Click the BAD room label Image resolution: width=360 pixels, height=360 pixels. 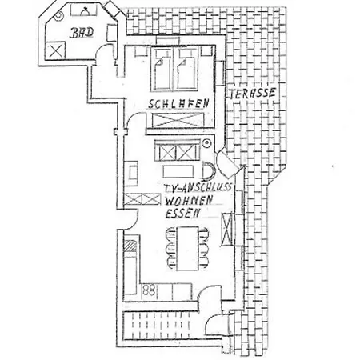pos(82,33)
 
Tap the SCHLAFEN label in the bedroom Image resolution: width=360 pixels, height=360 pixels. pos(178,104)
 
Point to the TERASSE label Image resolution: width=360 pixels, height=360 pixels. pos(252,94)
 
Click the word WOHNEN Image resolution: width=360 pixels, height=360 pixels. pos(189,200)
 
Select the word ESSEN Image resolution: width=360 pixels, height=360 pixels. pos(182,213)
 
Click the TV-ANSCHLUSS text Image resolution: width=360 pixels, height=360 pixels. pos(198,188)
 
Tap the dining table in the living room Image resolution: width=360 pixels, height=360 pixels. pos(187,249)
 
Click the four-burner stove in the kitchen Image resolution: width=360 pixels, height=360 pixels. pos(149,290)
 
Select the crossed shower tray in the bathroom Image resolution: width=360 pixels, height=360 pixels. pos(56,50)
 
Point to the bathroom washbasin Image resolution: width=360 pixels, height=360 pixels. pos(84,10)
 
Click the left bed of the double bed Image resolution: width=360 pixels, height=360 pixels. pos(162,70)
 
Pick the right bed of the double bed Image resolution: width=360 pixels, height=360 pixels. pos(186,70)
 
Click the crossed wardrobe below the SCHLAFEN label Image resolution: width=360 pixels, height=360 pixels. pos(177,120)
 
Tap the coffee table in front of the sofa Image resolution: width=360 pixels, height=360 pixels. pos(178,172)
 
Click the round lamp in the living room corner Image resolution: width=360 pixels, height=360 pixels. pos(206,144)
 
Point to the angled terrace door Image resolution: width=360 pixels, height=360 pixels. pos(227,163)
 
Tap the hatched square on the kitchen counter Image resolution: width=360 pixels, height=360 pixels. pos(130,246)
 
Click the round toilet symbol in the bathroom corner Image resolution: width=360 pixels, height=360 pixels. pos(58,17)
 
